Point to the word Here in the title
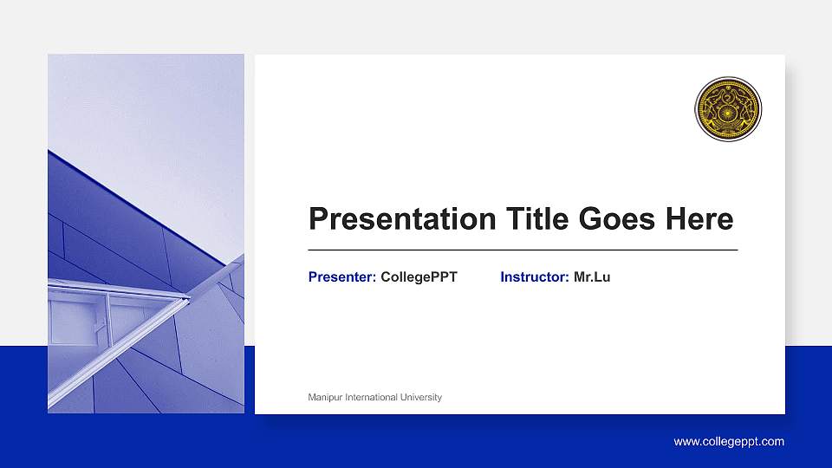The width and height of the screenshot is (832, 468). point(699,219)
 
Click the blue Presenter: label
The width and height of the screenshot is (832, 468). point(342,277)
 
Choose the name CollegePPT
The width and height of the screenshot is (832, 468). point(419,277)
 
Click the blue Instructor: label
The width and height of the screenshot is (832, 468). point(535,277)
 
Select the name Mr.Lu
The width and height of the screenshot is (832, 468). point(592,277)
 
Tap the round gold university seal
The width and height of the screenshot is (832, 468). point(728,109)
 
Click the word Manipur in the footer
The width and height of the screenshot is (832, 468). point(325,398)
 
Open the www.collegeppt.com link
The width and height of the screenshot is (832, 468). point(729,442)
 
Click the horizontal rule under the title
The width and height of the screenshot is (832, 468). point(523,250)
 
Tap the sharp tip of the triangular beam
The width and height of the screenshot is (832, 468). point(187,299)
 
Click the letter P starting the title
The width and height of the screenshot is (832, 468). point(319,219)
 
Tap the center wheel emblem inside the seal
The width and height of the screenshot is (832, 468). point(728,110)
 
